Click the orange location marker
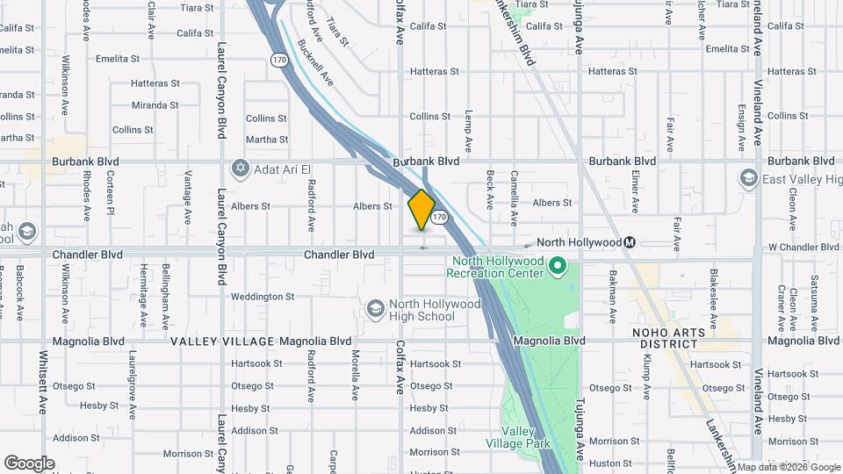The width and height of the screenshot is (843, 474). click(x=421, y=209)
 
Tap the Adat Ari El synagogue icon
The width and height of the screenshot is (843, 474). click(x=241, y=168)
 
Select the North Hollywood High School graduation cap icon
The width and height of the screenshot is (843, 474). click(x=376, y=308)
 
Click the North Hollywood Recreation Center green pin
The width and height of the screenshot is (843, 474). click(x=557, y=263)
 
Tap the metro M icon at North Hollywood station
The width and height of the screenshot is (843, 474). click(x=630, y=242)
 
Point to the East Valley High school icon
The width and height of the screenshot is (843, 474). click(x=748, y=179)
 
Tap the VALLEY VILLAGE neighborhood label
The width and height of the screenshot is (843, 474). click(x=221, y=341)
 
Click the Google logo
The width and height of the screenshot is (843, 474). click(x=29, y=463)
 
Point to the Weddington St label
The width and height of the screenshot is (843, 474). click(x=263, y=297)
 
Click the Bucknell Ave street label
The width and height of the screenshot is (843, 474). click(x=315, y=61)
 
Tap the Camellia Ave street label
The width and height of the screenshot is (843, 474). click(x=515, y=190)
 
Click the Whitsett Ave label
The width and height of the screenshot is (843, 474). click(x=43, y=383)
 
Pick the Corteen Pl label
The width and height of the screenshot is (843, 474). click(x=111, y=193)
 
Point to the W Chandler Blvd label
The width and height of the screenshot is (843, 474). click(x=803, y=247)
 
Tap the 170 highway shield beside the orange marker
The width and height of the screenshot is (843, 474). click(x=440, y=216)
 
